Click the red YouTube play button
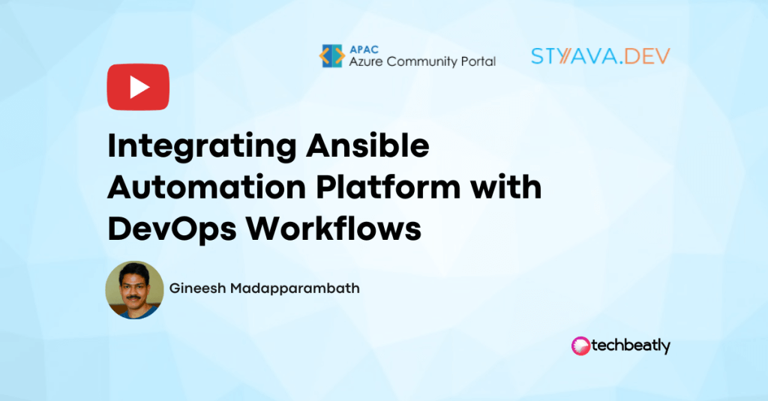point(138,87)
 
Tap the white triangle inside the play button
point(139,87)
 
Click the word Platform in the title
point(388,187)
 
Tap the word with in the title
point(506,187)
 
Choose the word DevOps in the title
point(172,229)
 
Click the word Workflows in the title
point(333,228)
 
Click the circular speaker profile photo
point(135,290)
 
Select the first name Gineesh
point(197,288)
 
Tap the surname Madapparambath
point(295,288)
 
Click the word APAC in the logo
point(364,49)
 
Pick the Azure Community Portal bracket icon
point(332,55)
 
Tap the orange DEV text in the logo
point(647,56)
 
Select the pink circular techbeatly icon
point(581,346)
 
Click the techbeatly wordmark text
point(631,346)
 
